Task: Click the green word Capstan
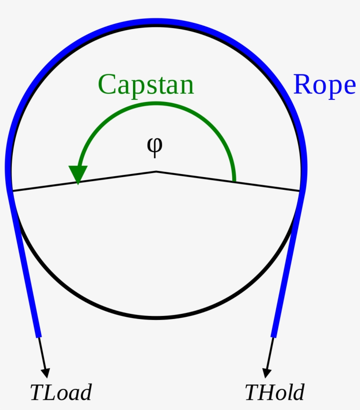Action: click(146, 85)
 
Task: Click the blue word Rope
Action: click(324, 84)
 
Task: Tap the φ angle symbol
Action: click(155, 147)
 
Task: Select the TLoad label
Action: click(61, 392)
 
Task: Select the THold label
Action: click(274, 392)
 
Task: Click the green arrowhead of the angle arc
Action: click(78, 174)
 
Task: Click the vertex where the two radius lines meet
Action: click(156, 171)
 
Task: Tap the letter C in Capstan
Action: click(107, 85)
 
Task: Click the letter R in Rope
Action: click(302, 84)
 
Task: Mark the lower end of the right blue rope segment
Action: click(274, 336)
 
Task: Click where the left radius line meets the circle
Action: click(11, 191)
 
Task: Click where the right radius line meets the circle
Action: click(301, 191)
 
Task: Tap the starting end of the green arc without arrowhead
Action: click(234, 180)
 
